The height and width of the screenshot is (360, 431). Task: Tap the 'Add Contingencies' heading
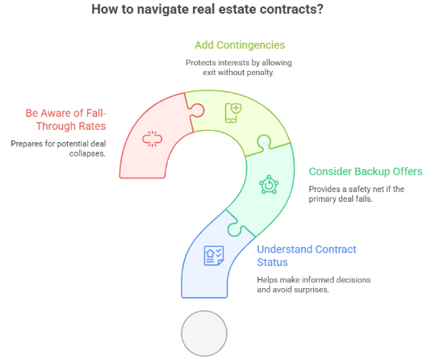pos(240,45)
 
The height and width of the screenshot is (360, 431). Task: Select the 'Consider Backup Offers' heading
pos(366,171)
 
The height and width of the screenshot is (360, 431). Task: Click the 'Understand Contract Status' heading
pos(307,256)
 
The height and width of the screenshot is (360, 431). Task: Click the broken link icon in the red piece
pos(153,139)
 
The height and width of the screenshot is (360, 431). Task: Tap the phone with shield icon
pos(233,113)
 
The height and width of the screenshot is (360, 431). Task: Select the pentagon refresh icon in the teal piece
pos(269,184)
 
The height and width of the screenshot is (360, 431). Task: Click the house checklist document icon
pos(214,256)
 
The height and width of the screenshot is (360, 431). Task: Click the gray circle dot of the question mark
pos(204,333)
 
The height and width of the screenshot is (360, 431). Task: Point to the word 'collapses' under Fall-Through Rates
pos(87,153)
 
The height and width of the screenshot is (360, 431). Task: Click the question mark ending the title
pos(320,10)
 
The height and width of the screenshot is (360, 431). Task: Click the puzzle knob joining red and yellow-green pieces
pos(198,110)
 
